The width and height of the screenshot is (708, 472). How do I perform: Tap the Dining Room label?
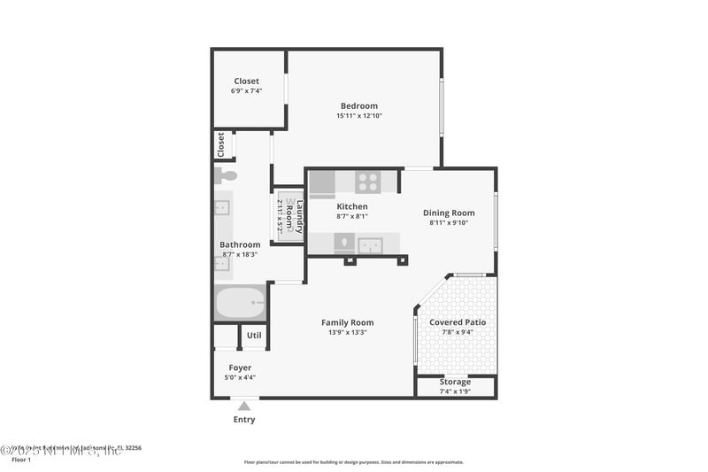pos(448,213)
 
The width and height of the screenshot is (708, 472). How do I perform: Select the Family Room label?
pos(347,322)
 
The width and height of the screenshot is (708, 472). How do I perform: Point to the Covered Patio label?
pos(457,322)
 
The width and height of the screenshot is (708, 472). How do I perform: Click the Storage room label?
pos(456,382)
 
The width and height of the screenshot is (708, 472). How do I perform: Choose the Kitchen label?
pos(351,206)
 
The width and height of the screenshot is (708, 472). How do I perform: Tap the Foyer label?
pos(240,368)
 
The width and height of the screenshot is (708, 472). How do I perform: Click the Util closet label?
pos(254,336)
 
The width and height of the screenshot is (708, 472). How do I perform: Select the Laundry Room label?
pos(295,215)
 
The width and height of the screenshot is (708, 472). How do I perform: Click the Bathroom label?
pos(240,244)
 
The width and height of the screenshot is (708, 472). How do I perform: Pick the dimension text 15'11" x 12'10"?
pos(358,116)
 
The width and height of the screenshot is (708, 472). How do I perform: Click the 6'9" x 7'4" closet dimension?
pos(246,91)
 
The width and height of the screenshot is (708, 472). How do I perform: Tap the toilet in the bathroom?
pos(225,175)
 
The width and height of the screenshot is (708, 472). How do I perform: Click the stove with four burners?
pos(367,182)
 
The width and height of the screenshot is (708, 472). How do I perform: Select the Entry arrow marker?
pos(243,406)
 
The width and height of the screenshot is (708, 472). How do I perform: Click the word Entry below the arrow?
pos(243,420)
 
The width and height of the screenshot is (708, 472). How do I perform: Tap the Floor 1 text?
pos(20,460)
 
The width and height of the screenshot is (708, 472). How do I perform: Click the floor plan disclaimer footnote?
pos(353,462)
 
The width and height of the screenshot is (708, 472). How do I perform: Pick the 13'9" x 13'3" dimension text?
pos(347,333)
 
